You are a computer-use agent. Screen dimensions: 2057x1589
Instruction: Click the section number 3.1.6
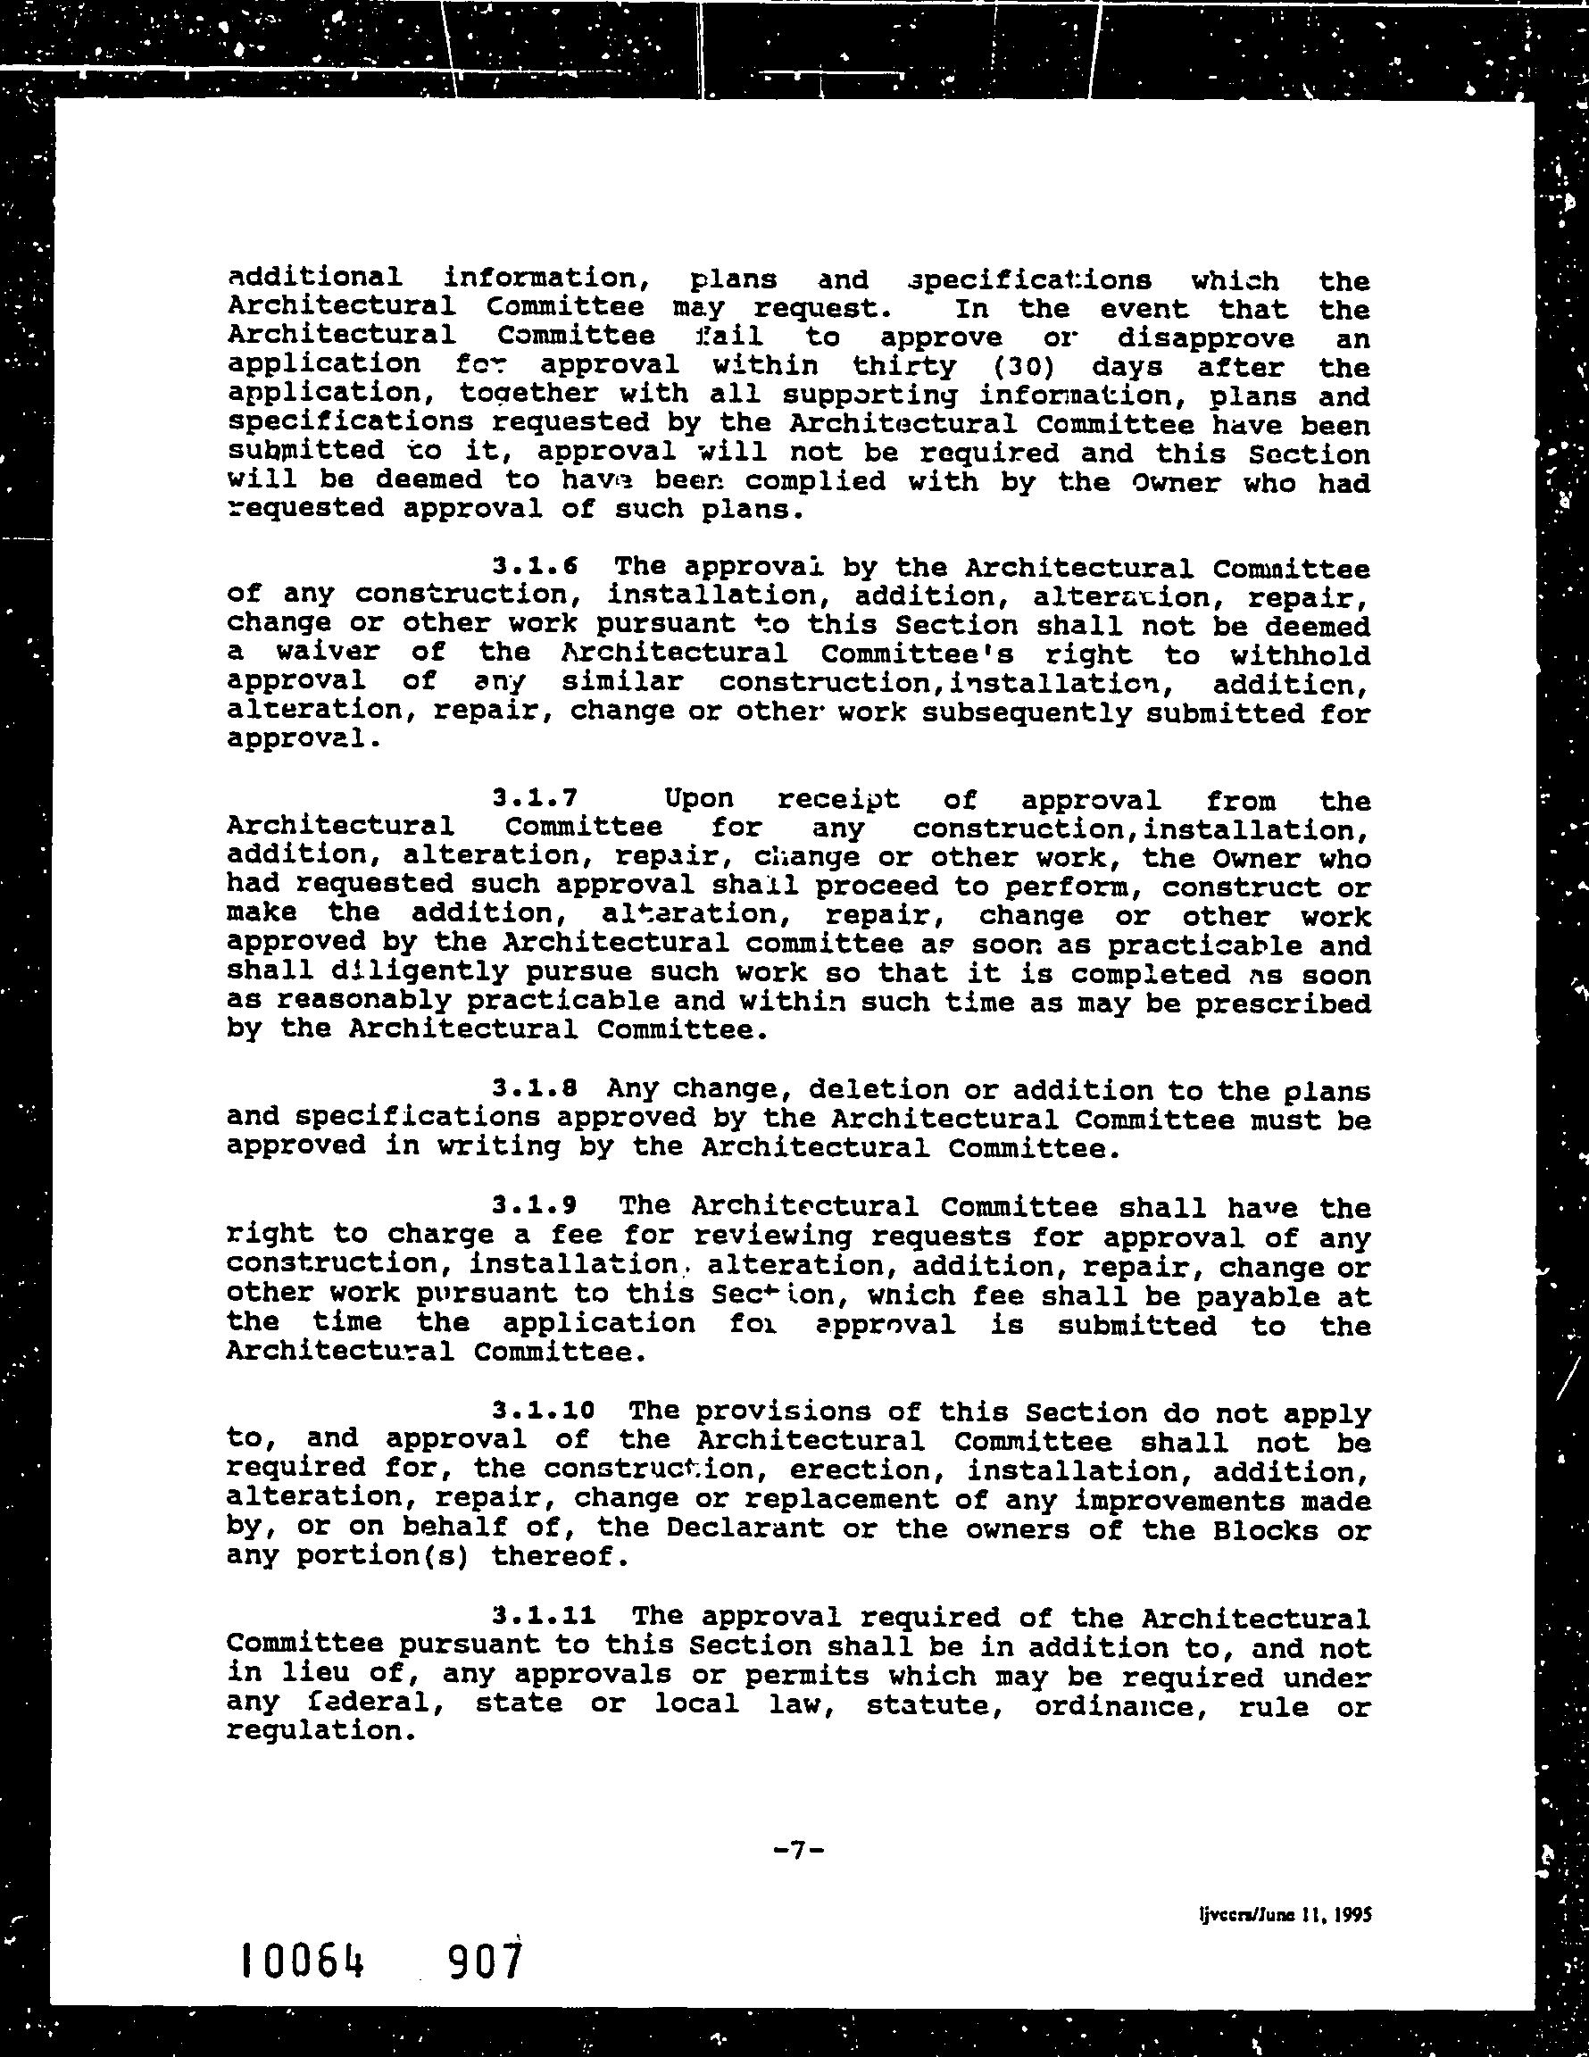(x=535, y=567)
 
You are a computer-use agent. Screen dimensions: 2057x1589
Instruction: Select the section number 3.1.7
(x=535, y=800)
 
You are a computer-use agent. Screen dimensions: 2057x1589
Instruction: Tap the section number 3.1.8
(x=535, y=1089)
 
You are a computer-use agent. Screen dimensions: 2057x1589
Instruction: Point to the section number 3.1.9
(x=535, y=1204)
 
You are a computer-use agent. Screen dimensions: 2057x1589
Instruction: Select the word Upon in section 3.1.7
(x=699, y=800)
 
